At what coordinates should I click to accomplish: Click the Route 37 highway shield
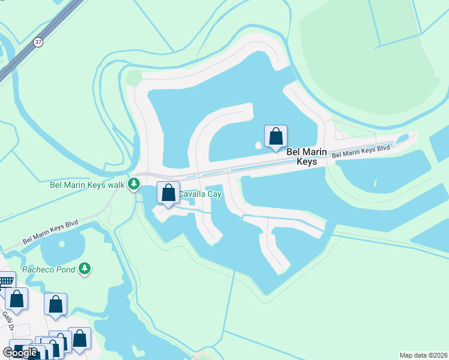tap(38, 41)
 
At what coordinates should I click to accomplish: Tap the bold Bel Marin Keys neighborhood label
tap(306, 157)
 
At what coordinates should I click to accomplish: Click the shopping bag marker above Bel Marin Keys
tap(276, 136)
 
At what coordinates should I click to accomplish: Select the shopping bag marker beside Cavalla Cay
tap(169, 193)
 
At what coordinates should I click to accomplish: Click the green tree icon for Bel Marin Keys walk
tap(133, 184)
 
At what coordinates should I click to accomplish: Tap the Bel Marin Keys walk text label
tap(88, 184)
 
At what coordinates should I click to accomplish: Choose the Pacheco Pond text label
tap(49, 269)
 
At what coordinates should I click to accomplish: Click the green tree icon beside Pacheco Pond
tap(85, 268)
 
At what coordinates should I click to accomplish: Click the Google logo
tap(20, 353)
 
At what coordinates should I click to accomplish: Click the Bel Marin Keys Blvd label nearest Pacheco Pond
tap(50, 231)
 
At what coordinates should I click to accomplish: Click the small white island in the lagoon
tap(259, 145)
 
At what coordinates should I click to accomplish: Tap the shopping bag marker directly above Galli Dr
tap(17, 299)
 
